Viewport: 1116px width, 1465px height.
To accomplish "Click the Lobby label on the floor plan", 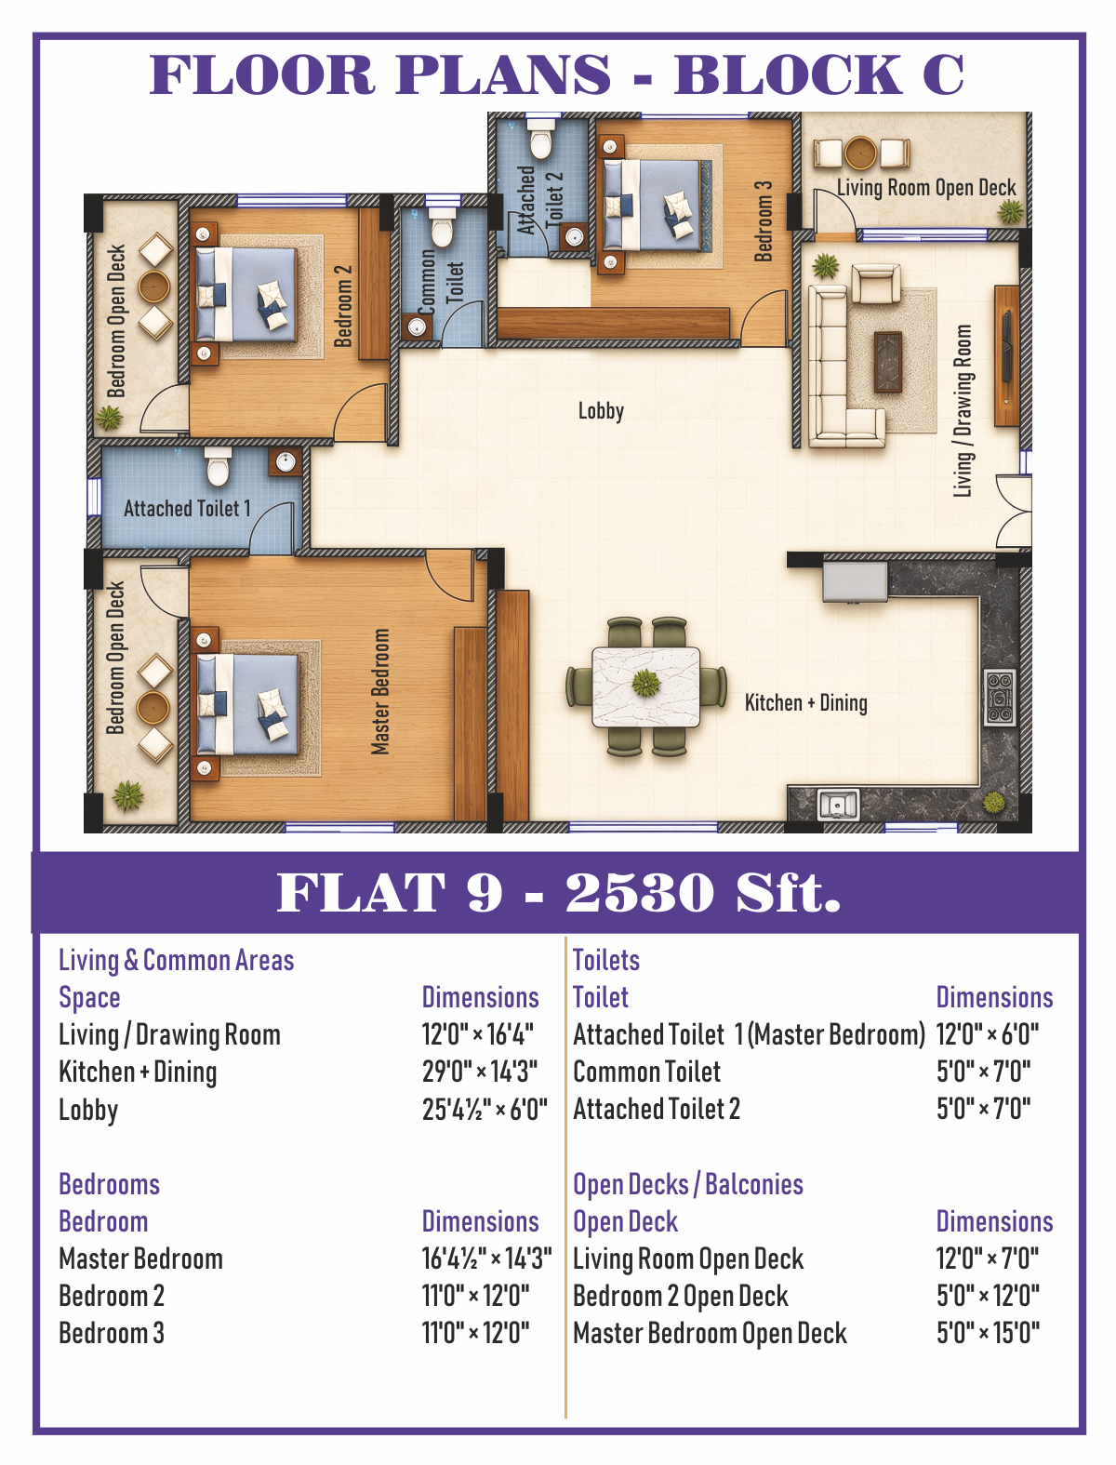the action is [x=601, y=411].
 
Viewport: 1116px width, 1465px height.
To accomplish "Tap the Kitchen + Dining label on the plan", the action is [x=805, y=703].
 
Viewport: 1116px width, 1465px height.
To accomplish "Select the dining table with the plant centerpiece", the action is [x=645, y=686].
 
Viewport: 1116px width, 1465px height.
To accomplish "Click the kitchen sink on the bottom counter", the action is [x=838, y=805].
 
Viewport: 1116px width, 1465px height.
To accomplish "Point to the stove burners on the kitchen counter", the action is [x=999, y=698].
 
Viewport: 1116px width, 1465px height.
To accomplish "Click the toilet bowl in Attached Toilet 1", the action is [x=218, y=466].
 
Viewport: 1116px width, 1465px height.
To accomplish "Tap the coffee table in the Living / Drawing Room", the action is [x=887, y=362].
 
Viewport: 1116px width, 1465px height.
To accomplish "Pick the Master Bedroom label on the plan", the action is [x=380, y=691].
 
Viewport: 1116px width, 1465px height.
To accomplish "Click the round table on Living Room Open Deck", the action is [x=860, y=153].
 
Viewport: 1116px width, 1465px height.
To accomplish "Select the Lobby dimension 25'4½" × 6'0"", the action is [x=485, y=1110].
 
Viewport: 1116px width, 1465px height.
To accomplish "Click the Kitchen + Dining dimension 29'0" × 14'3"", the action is [x=480, y=1072].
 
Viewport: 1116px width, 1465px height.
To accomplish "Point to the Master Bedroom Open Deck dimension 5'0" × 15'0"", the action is [x=988, y=1334].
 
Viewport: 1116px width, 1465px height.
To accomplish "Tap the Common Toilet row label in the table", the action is [x=646, y=1072].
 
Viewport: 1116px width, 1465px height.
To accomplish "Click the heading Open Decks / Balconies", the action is [x=688, y=1185].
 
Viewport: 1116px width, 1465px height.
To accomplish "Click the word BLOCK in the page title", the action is [x=789, y=74].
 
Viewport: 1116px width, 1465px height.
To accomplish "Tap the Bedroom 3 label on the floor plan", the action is [x=764, y=221].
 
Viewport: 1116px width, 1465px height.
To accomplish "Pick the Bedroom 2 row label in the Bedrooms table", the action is [x=111, y=1296].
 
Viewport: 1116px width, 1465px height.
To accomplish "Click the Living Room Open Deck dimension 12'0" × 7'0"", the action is [x=988, y=1259].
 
